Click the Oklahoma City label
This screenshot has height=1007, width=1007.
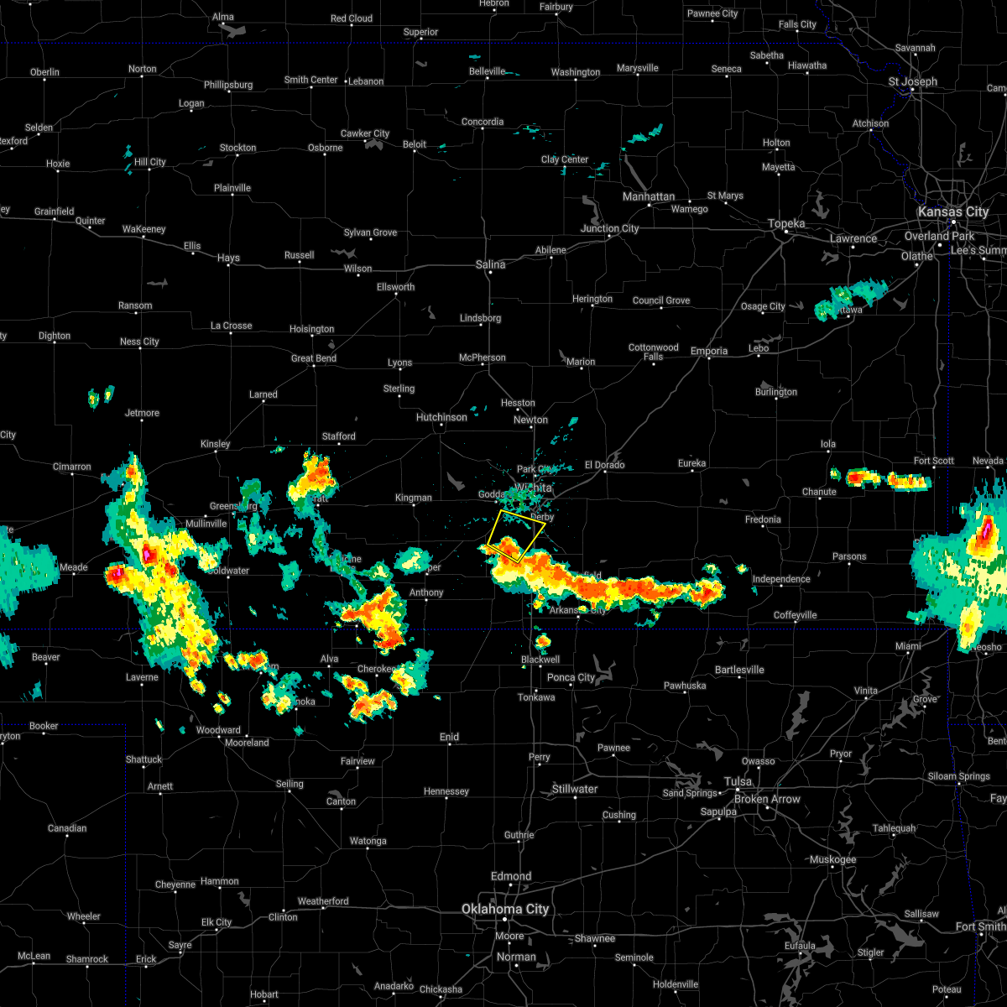point(505,909)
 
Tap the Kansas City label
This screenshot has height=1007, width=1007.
point(952,211)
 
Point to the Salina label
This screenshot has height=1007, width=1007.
point(491,264)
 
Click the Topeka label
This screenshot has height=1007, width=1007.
point(786,223)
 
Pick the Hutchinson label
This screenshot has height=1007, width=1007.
point(441,417)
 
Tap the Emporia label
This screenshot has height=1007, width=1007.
point(709,351)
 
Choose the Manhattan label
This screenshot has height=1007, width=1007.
point(649,196)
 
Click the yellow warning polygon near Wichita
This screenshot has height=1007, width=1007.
point(514,535)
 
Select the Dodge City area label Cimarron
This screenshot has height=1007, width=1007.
point(71,467)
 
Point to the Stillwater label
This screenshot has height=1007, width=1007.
point(575,789)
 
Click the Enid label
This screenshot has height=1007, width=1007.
point(449,737)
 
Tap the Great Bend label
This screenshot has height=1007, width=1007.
point(313,358)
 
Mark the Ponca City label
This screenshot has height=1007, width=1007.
point(571,677)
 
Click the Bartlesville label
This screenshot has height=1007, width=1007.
point(739,670)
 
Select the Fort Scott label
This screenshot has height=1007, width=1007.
point(934,461)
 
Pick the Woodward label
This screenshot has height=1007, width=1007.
point(218,730)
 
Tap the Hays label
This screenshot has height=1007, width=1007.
point(228,258)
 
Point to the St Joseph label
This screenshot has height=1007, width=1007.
point(913,81)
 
